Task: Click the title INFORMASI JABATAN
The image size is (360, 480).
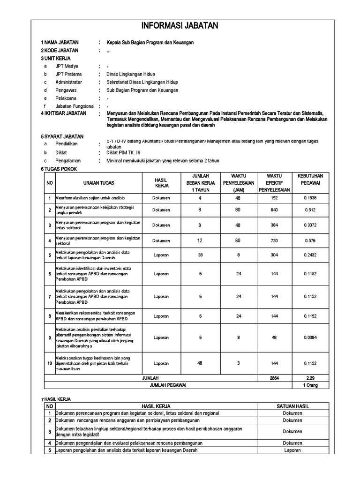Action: tap(180, 26)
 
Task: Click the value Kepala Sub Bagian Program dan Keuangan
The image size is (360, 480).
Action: tap(150, 43)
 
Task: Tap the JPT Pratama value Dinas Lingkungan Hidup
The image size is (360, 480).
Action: tap(130, 74)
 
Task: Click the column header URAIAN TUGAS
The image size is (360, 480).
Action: tap(98, 183)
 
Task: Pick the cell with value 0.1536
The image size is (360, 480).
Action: tap(310, 198)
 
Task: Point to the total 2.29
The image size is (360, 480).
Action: tap(310, 378)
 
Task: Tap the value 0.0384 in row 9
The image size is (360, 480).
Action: tap(310, 337)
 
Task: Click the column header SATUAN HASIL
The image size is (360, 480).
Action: tap(292, 406)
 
